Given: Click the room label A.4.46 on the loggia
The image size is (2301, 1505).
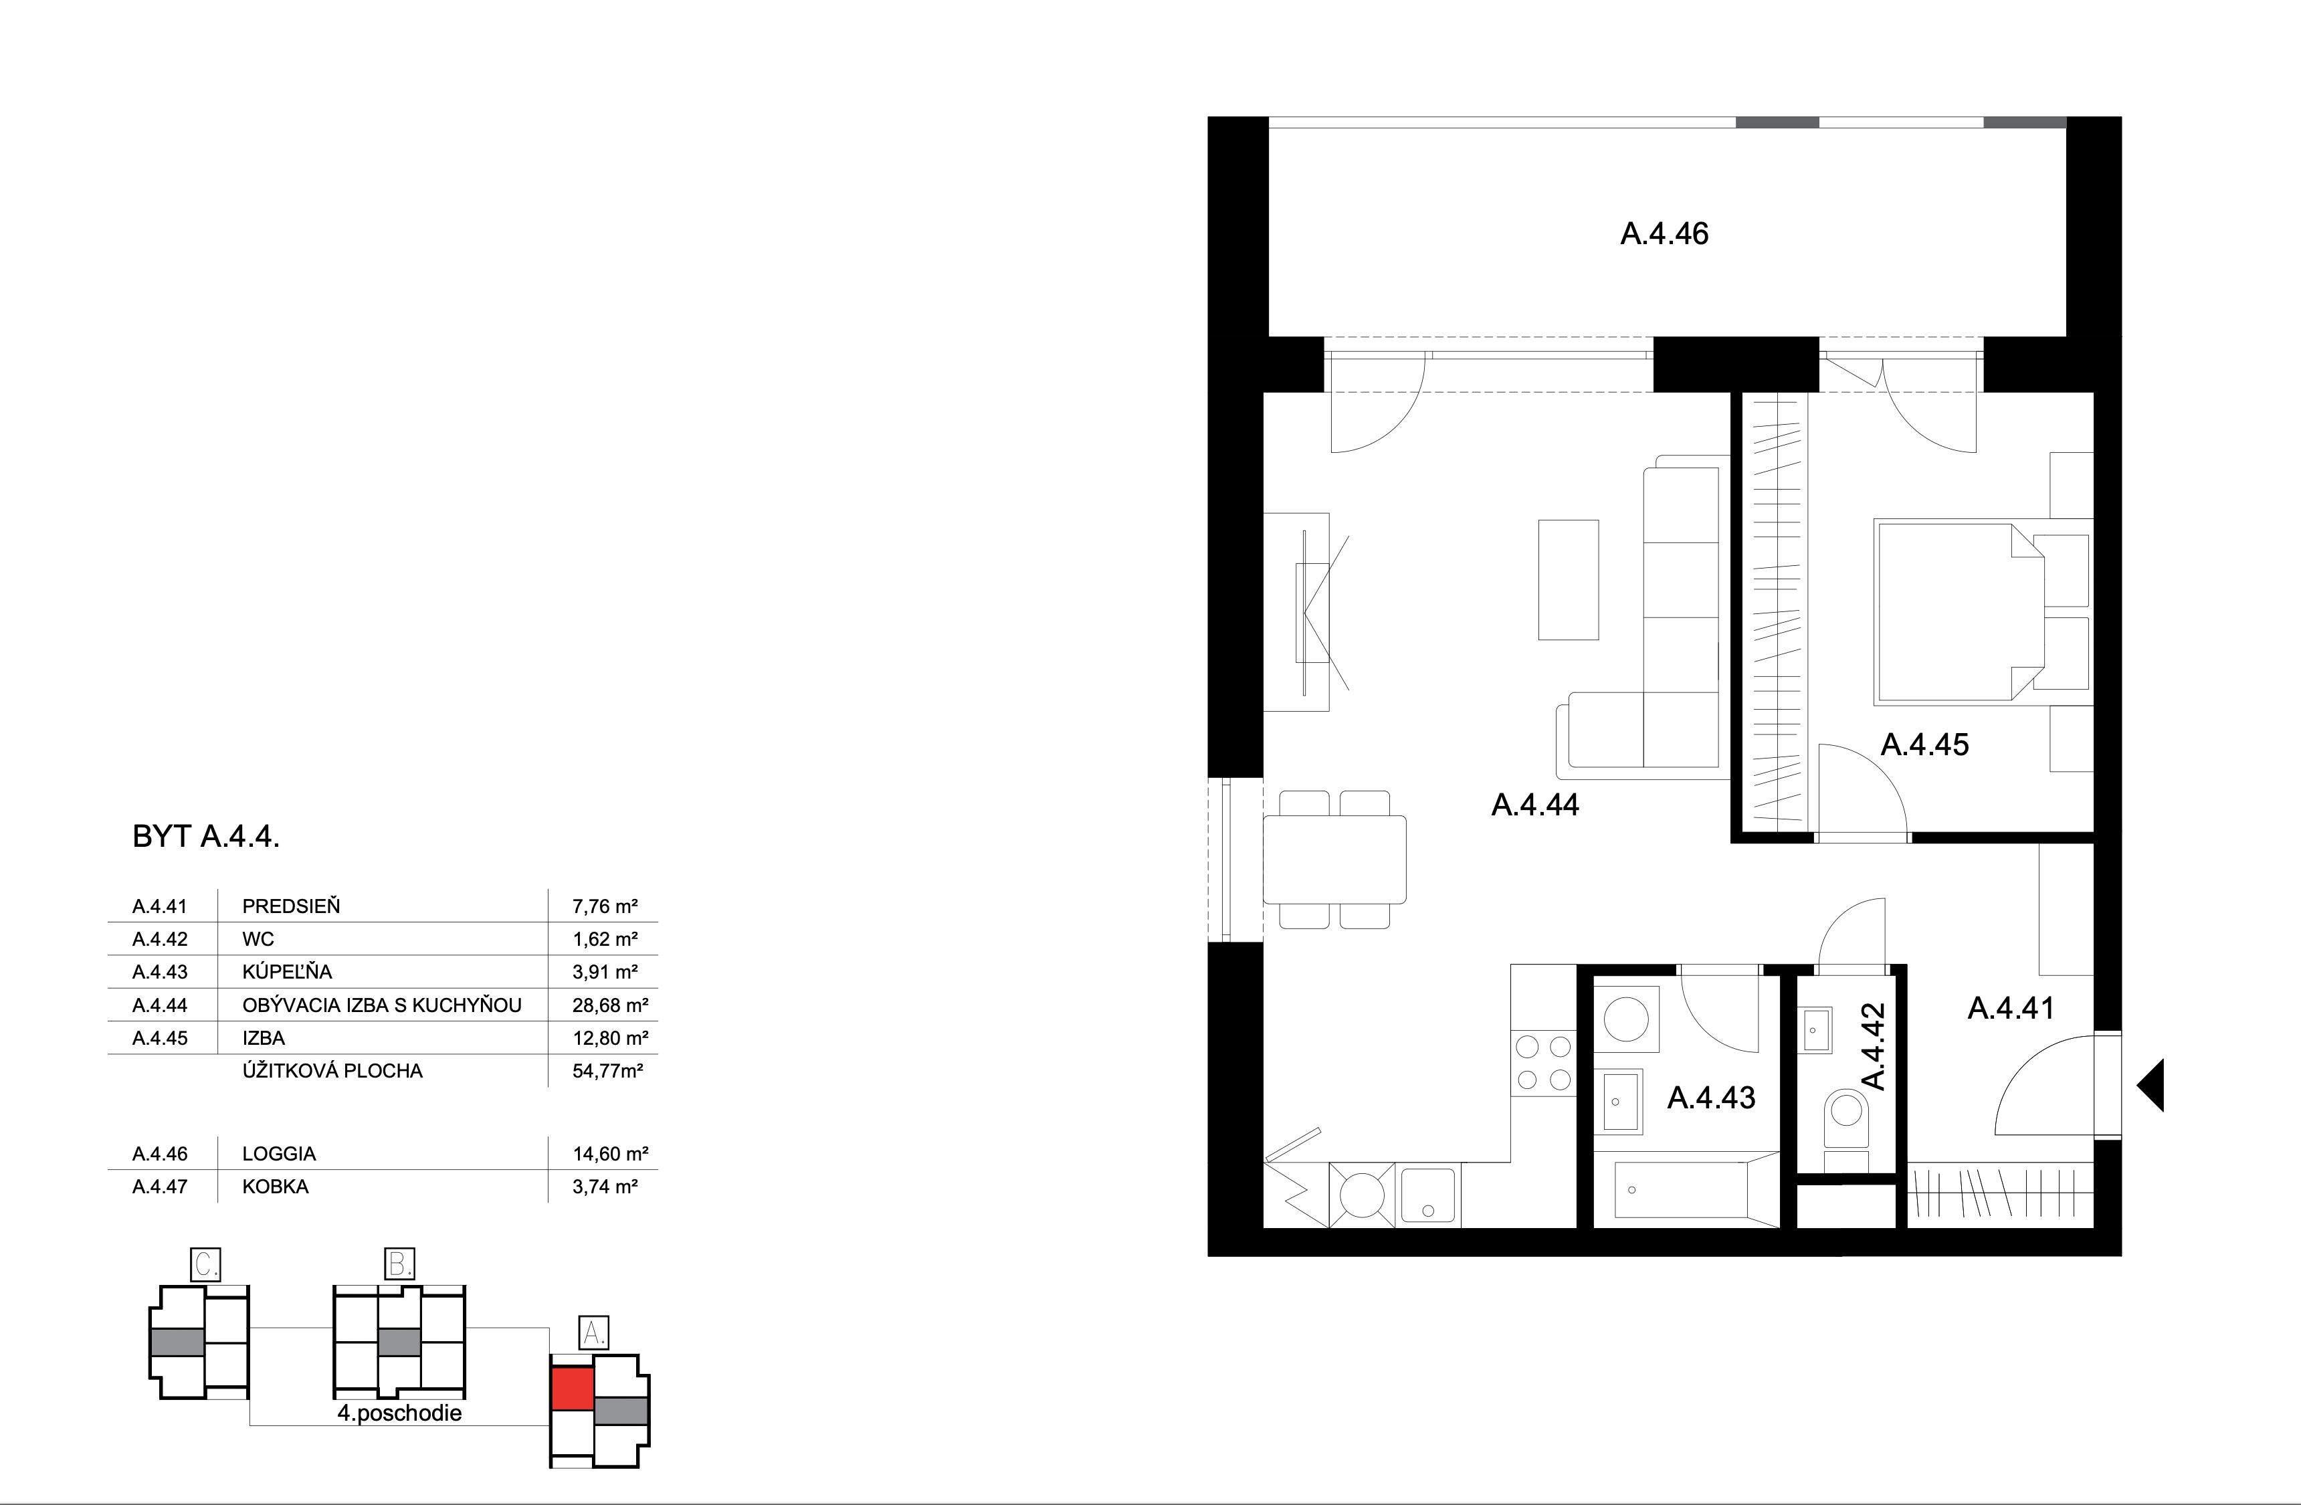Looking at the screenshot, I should pyautogui.click(x=1664, y=234).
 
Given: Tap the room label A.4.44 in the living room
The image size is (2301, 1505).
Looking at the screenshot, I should pyautogui.click(x=1534, y=805).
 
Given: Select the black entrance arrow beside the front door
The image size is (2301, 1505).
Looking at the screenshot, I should pyautogui.click(x=2151, y=1084).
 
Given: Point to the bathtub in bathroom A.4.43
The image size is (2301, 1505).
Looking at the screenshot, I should pyautogui.click(x=1685, y=1190).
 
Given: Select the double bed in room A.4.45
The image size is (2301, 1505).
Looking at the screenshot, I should pyautogui.click(x=1959, y=611).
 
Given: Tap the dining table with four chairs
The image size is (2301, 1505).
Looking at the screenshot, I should pyautogui.click(x=1334, y=860).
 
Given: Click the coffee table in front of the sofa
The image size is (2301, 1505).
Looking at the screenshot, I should pyautogui.click(x=1568, y=580).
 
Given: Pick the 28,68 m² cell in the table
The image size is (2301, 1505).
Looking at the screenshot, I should pyautogui.click(x=609, y=1005).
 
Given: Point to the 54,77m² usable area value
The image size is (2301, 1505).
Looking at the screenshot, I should pyautogui.click(x=607, y=1071).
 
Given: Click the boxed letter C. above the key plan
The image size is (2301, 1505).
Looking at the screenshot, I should pyautogui.click(x=205, y=1264).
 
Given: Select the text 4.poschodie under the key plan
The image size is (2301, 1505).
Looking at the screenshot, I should pyautogui.click(x=399, y=1413).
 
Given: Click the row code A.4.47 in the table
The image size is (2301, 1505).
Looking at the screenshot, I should pyautogui.click(x=159, y=1187).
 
